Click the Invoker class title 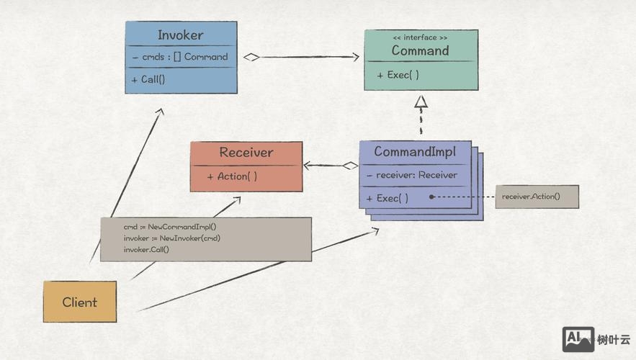(180, 35)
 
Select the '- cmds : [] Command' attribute (180, 57)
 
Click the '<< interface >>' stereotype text (420, 37)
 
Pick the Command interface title (420, 50)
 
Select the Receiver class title (246, 152)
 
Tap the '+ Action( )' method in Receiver (232, 176)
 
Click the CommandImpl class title (414, 152)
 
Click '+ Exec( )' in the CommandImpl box (388, 198)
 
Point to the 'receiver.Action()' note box (537, 197)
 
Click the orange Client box (79, 302)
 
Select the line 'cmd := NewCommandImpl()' (169, 226)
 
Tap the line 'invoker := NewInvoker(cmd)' (171, 238)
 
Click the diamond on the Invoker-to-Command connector (251, 57)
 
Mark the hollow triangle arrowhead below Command (421, 102)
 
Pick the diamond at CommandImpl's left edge (351, 166)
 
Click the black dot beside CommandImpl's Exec (431, 197)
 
